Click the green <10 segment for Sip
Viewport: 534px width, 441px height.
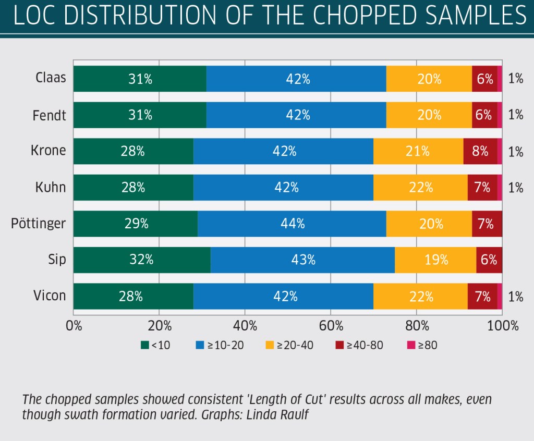tap(141, 260)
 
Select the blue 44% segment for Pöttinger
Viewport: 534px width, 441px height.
tap(292, 224)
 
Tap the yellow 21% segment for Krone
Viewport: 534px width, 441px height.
tap(418, 151)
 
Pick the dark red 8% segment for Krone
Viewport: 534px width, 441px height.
tap(480, 151)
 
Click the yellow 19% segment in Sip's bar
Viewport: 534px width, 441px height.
tap(435, 260)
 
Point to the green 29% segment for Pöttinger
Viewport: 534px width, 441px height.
tap(136, 224)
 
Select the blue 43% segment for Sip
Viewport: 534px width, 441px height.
tap(302, 260)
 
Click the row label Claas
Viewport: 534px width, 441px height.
tap(51, 78)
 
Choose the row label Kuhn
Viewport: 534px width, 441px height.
tap(52, 187)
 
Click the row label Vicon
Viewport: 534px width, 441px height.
tap(51, 296)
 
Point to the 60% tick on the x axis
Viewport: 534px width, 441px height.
tap(331, 326)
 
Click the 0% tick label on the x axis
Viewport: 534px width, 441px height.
tap(74, 326)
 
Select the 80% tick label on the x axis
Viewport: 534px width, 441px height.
tap(417, 326)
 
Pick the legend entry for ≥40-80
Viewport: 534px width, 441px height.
tap(360, 345)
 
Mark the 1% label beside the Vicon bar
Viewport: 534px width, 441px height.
tap(516, 297)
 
